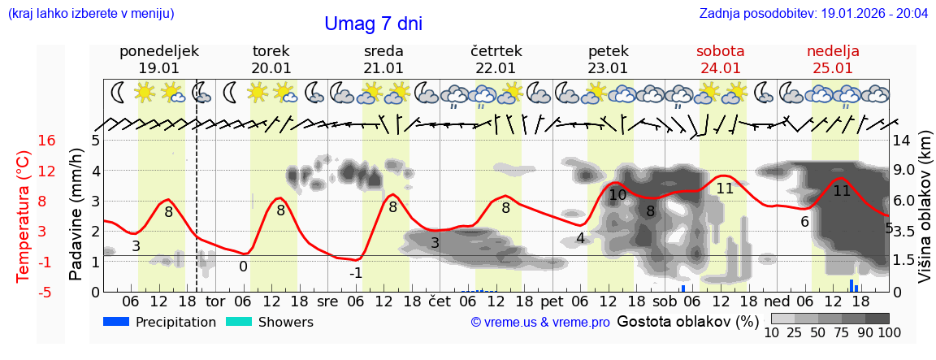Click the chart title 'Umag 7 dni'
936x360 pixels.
click(373, 24)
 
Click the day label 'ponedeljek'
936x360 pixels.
click(158, 51)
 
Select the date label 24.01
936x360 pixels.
click(720, 68)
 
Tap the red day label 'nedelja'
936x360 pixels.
click(833, 51)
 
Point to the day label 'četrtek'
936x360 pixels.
click(496, 51)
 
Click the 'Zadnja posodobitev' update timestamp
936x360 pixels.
click(813, 14)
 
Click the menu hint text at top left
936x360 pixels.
click(91, 14)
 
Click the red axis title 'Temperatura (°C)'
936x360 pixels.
click(24, 215)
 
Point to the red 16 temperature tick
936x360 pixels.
click(47, 141)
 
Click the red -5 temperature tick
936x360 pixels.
click(47, 292)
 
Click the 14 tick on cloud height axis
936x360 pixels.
click(902, 141)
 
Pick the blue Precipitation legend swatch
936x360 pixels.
click(116, 322)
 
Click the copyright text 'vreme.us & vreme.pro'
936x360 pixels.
click(540, 323)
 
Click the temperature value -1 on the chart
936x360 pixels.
click(356, 273)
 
